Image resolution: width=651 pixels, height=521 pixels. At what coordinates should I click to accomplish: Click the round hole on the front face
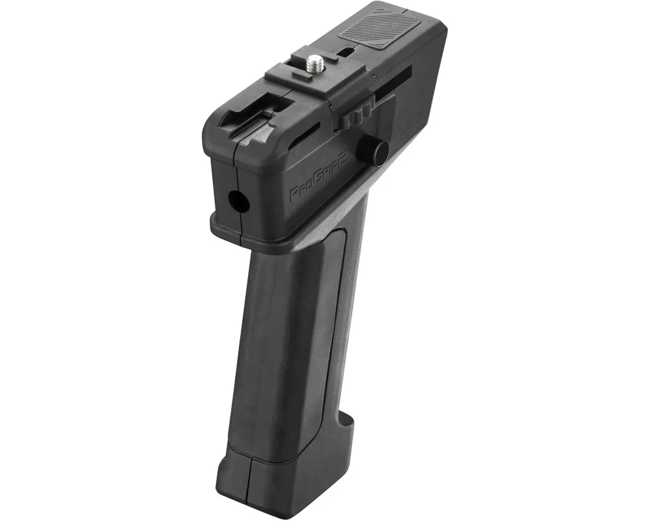[x=238, y=199]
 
